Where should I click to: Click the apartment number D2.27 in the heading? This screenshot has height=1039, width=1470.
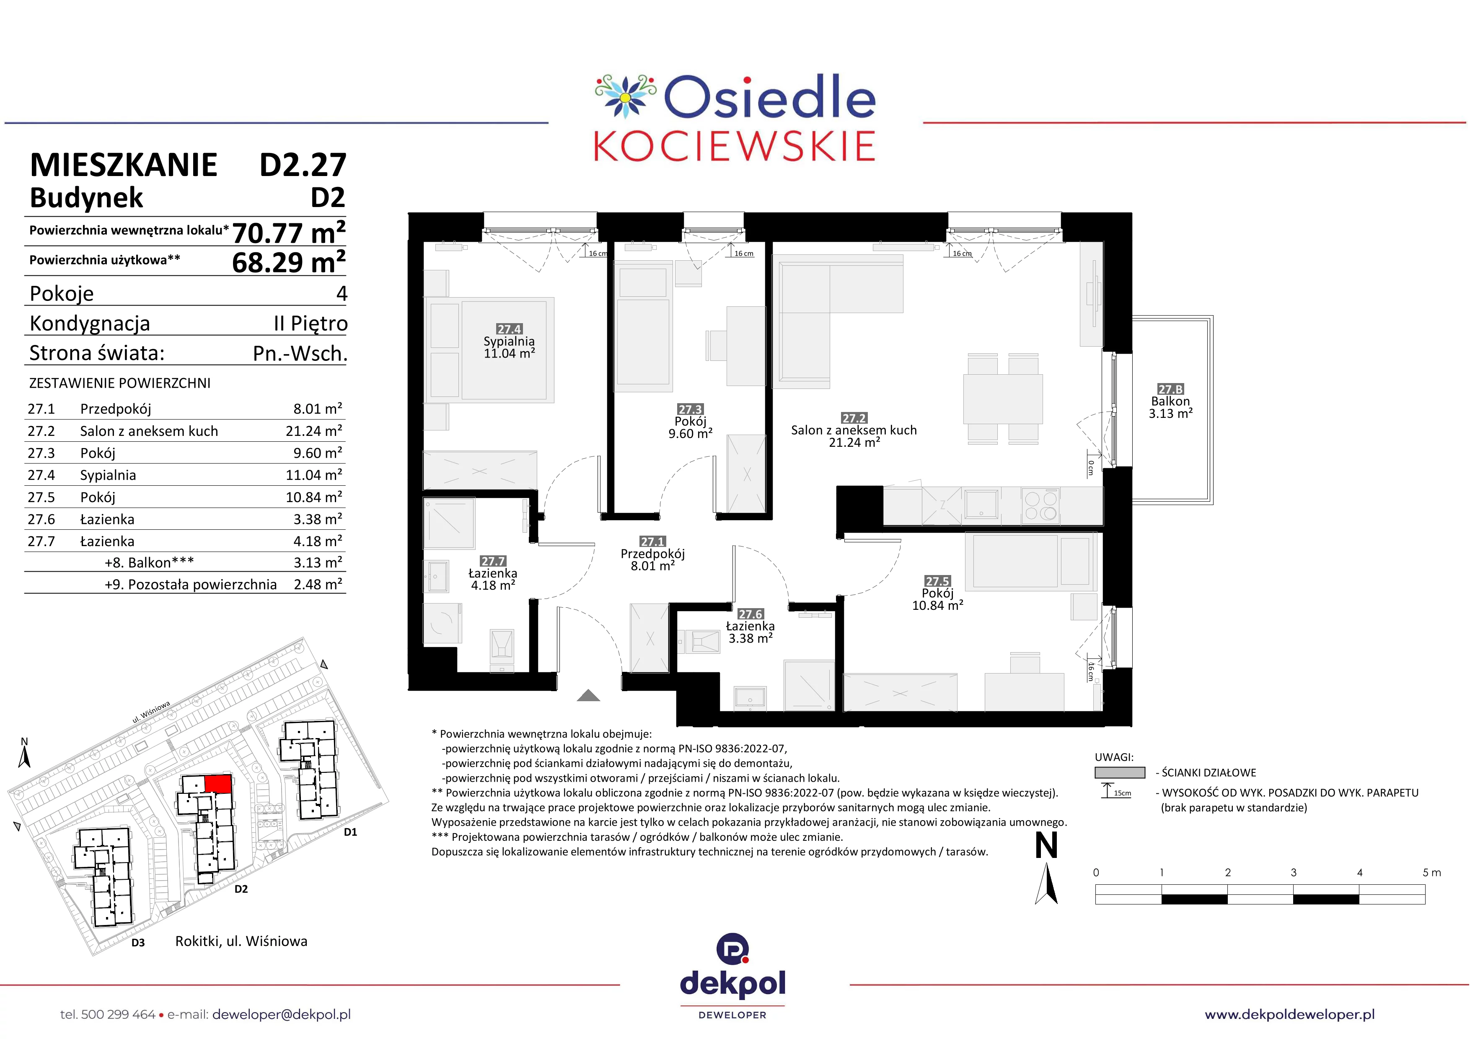point(303,165)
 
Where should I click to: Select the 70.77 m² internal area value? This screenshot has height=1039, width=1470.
point(289,232)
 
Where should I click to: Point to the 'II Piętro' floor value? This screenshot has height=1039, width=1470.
point(311,323)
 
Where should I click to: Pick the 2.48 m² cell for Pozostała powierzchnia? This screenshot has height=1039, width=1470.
point(318,584)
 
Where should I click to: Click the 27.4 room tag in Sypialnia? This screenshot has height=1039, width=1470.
point(510,329)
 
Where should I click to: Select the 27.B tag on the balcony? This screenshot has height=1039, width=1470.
point(1170,389)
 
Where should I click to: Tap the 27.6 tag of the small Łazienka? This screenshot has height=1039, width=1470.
point(751,614)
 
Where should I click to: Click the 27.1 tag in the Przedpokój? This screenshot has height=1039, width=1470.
point(653,542)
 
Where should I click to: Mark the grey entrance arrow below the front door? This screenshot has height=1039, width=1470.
point(588,695)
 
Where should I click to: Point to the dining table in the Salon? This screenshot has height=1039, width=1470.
point(1003,399)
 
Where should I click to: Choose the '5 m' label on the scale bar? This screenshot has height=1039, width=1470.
point(1432,873)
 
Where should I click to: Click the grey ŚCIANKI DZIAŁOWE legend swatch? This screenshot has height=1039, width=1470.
point(1120,773)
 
